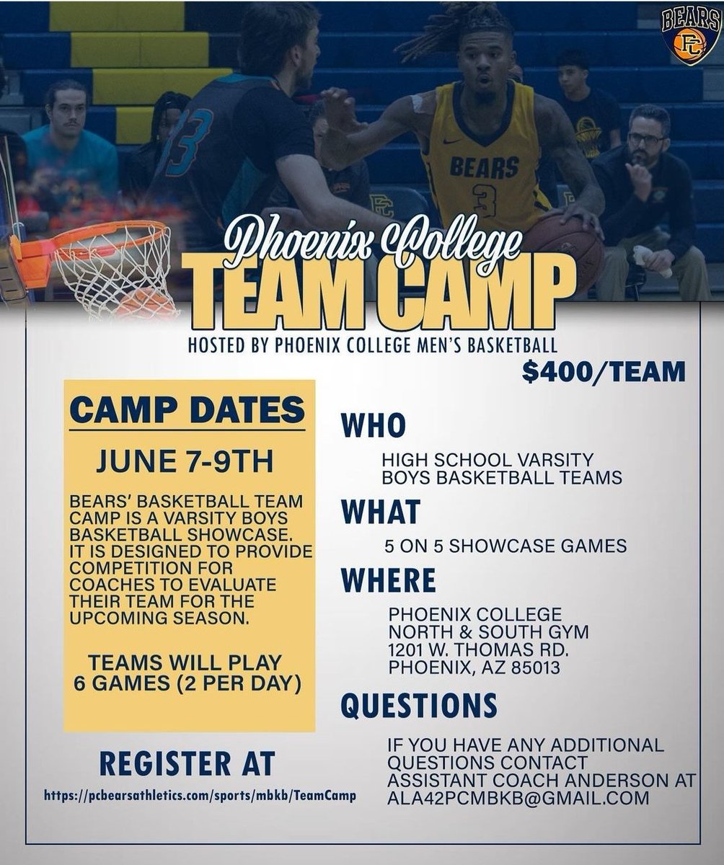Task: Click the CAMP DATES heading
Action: tap(189, 410)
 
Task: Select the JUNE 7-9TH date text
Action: tap(190, 461)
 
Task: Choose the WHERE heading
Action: tap(389, 580)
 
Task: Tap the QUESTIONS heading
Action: tap(419, 705)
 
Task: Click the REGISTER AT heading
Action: tap(187, 762)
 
